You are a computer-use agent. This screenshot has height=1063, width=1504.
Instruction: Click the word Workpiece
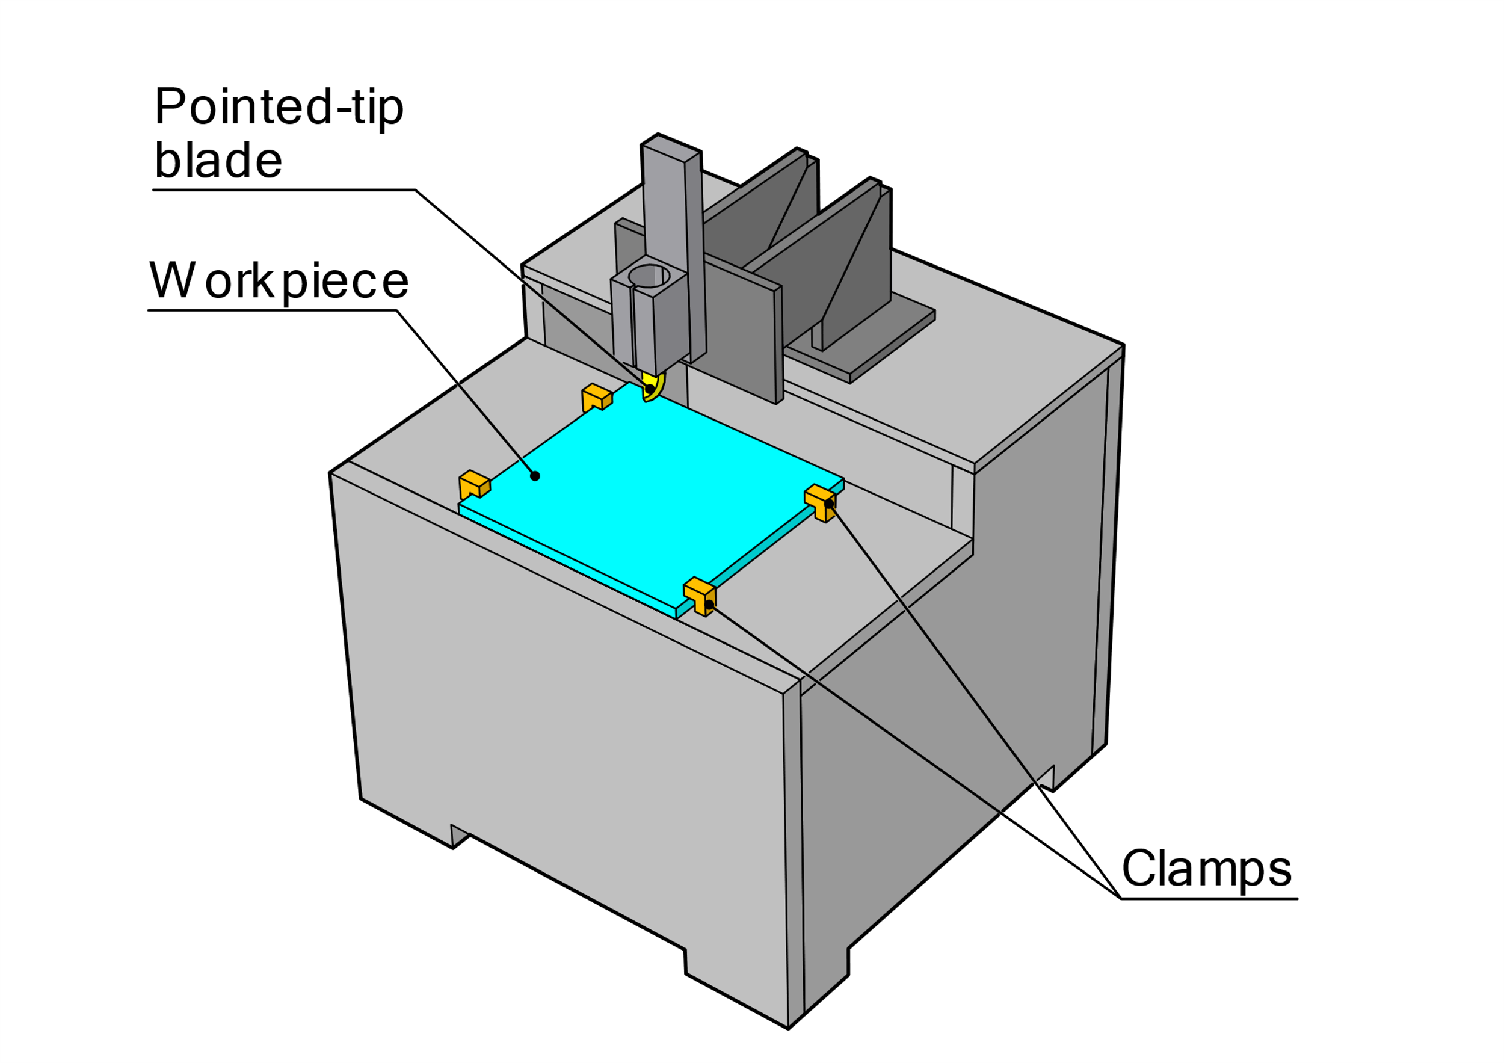[279, 282]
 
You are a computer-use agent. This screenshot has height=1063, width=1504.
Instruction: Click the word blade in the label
[218, 161]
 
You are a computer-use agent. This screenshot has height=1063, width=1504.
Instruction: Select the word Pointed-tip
[279, 106]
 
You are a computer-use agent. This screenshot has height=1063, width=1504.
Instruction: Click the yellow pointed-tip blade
[654, 387]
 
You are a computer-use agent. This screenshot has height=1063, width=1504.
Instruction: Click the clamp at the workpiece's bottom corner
[700, 596]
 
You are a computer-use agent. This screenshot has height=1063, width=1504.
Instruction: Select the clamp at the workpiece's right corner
[820, 502]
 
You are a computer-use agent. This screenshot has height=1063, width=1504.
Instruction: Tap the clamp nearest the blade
[596, 397]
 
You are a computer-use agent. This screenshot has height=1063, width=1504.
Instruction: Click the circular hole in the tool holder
[649, 276]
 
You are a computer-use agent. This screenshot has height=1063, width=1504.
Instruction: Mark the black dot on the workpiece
[535, 476]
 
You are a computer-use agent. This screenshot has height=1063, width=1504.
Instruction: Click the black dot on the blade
[649, 389]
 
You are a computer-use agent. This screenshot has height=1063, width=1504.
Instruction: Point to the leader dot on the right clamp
[828, 504]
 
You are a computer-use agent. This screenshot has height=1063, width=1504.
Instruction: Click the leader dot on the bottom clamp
[709, 603]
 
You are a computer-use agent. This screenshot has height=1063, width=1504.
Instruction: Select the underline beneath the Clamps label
[1209, 899]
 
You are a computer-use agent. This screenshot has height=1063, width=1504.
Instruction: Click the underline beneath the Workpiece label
[273, 310]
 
